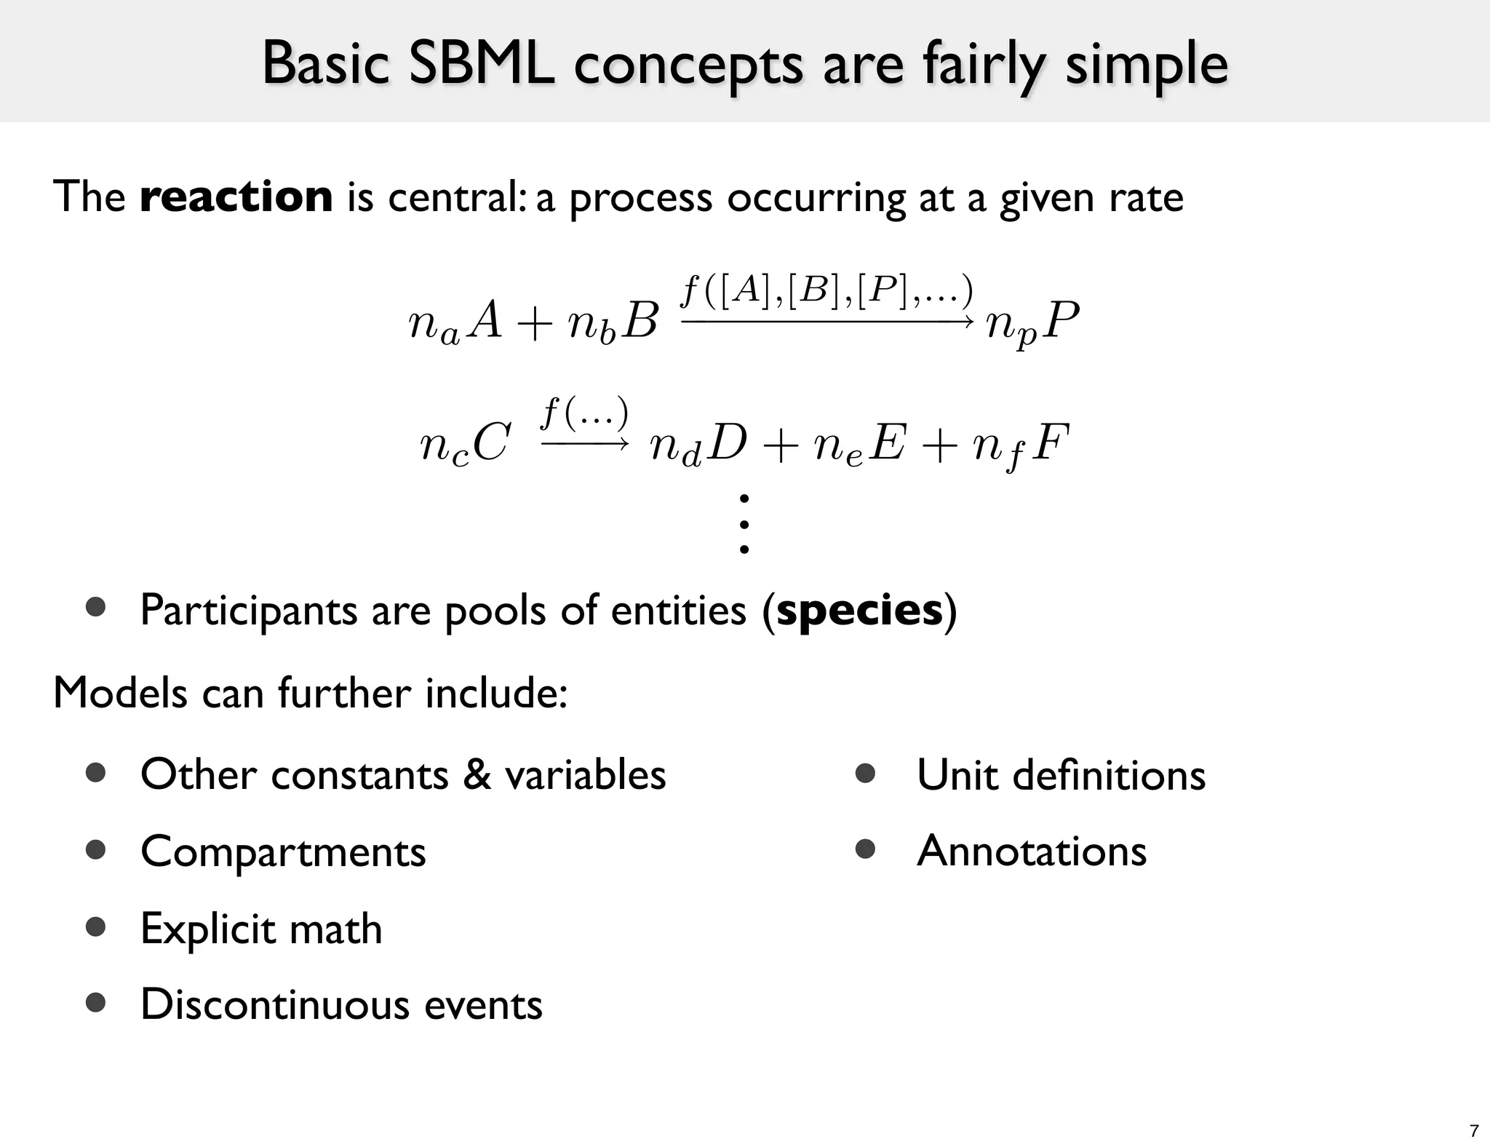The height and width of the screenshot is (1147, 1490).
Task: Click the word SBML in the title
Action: pyautogui.click(x=482, y=64)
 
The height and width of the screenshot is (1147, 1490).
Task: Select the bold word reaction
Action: pyautogui.click(x=236, y=197)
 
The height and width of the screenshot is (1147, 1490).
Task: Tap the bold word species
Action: pyautogui.click(x=859, y=610)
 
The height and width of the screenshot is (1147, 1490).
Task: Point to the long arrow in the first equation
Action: pyautogui.click(x=827, y=321)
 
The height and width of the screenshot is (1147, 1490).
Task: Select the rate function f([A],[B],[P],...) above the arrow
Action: pyautogui.click(x=826, y=292)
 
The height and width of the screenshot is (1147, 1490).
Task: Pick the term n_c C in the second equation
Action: pyautogui.click(x=465, y=444)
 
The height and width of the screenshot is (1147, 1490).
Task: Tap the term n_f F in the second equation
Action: pyautogui.click(x=1021, y=445)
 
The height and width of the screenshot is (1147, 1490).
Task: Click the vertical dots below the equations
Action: pyautogui.click(x=744, y=524)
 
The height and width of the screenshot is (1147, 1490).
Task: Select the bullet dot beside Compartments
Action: pyautogui.click(x=96, y=849)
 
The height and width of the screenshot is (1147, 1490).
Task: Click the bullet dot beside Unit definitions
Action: pyautogui.click(x=865, y=773)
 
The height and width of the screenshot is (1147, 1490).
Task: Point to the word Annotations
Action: pyautogui.click(x=1031, y=851)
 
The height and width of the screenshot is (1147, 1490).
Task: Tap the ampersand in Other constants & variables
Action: pyautogui.click(x=477, y=774)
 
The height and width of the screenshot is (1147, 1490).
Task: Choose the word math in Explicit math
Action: pyautogui.click(x=335, y=929)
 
